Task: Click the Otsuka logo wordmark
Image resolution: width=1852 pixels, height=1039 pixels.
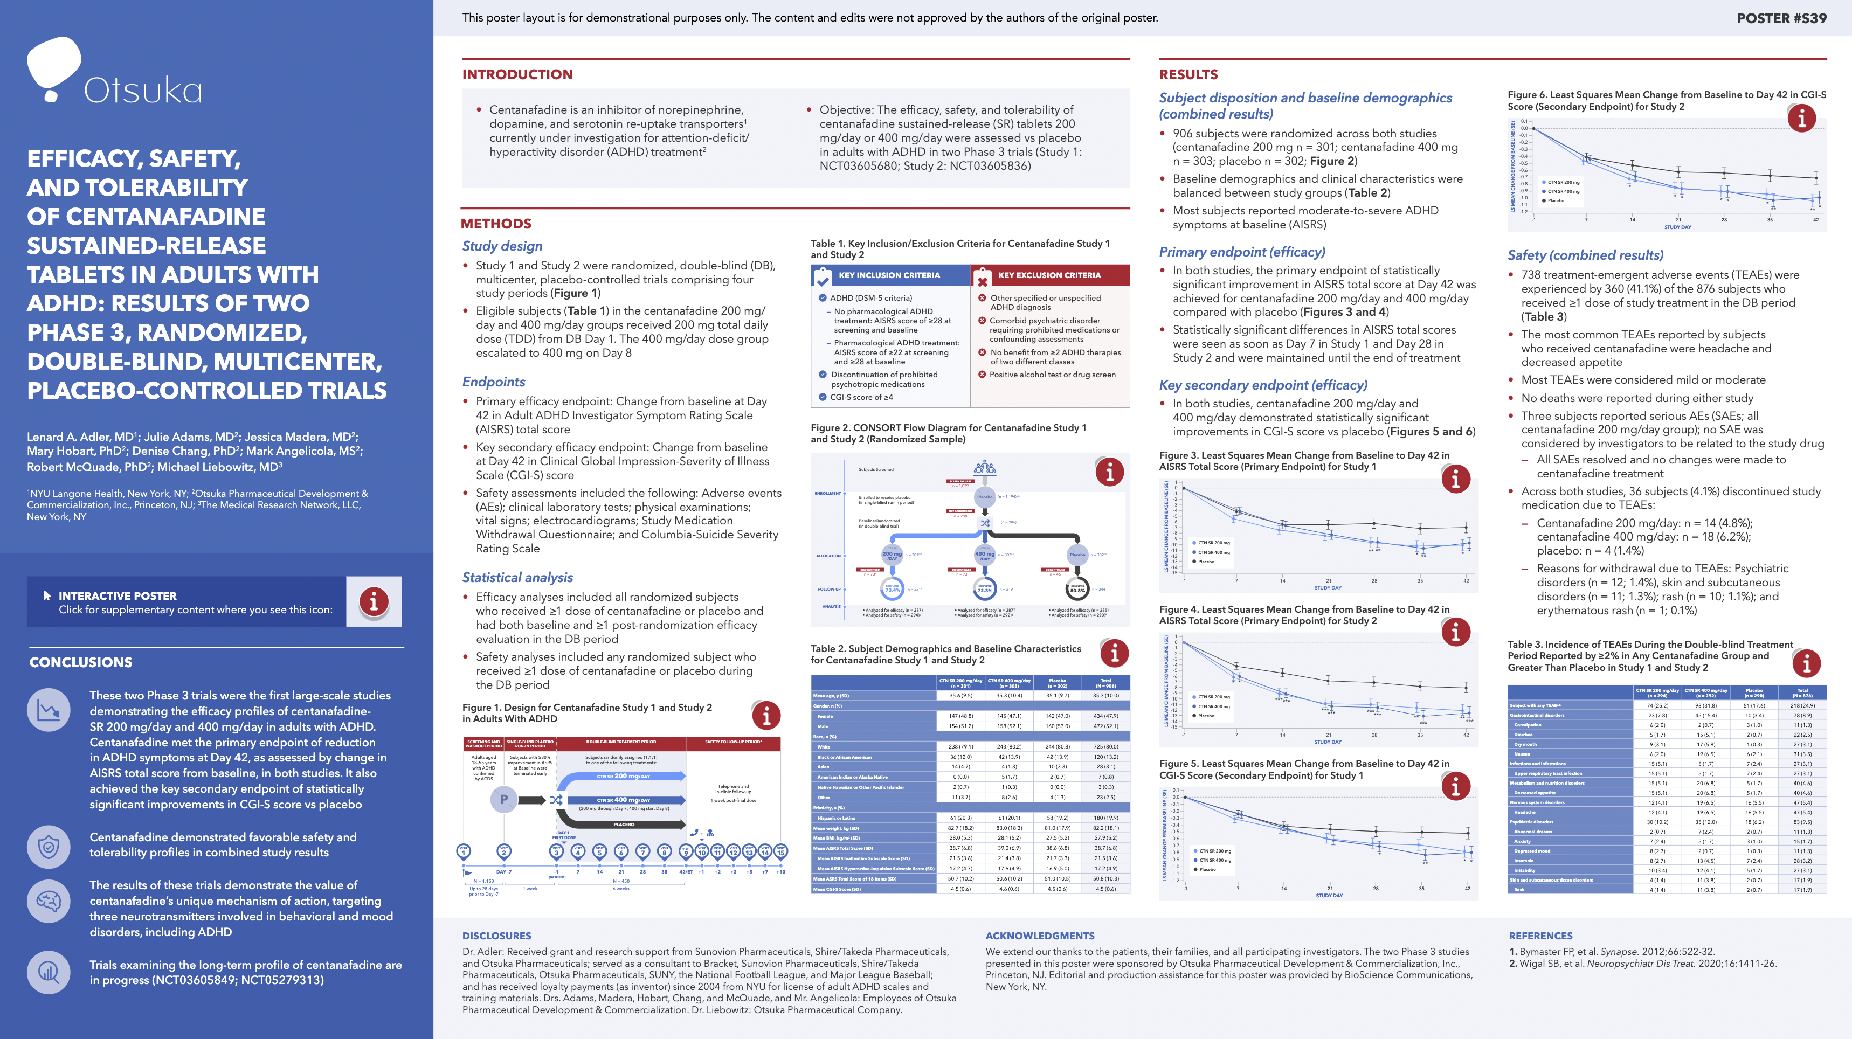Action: pyautogui.click(x=142, y=91)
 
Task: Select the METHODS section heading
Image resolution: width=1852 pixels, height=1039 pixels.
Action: pyautogui.click(x=496, y=224)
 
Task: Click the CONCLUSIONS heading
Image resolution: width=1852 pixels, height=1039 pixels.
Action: pyautogui.click(x=80, y=662)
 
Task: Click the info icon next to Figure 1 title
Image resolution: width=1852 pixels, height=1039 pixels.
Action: pyautogui.click(x=766, y=716)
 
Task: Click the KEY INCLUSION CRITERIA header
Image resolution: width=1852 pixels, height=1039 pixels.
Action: pyautogui.click(x=889, y=275)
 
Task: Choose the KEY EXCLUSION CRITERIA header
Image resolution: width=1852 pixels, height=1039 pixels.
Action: pyautogui.click(x=1049, y=275)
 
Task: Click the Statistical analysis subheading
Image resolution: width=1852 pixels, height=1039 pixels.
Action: pyautogui.click(x=517, y=577)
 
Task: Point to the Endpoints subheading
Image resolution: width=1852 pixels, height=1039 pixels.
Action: pyautogui.click(x=493, y=382)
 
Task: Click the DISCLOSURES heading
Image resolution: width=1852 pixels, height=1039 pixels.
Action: pyautogui.click(x=496, y=936)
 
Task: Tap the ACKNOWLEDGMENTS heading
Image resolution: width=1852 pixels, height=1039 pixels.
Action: pyautogui.click(x=1040, y=936)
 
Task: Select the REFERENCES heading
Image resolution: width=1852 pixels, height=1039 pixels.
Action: pyautogui.click(x=1540, y=936)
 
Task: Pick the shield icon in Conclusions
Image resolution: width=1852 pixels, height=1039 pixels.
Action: pyautogui.click(x=49, y=846)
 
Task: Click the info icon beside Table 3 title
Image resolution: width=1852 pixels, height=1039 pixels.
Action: pyautogui.click(x=1806, y=663)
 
